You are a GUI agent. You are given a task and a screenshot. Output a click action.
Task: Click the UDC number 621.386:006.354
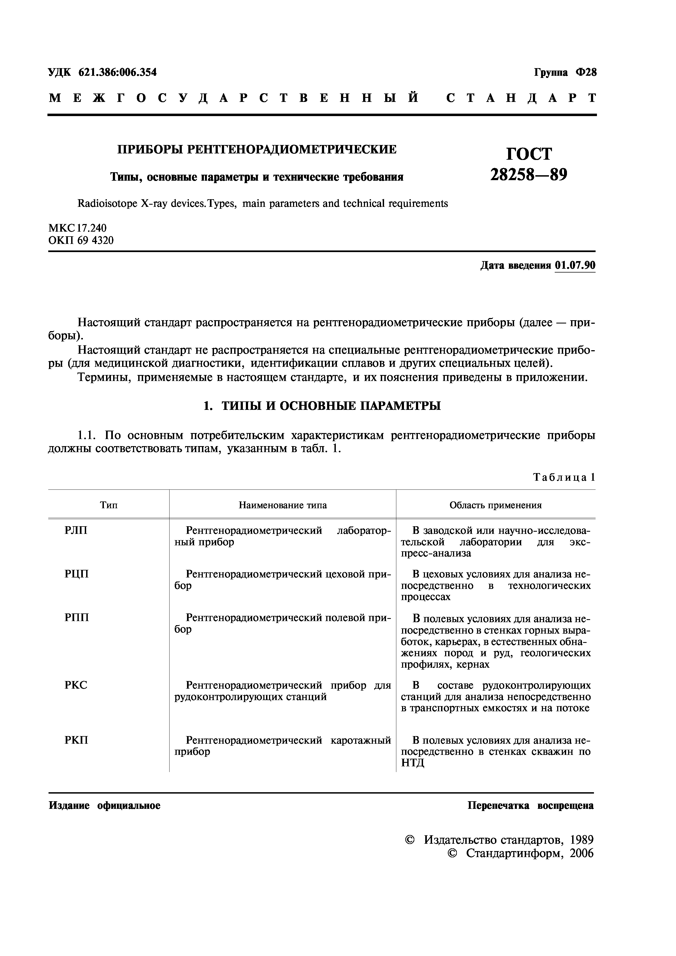click(117, 72)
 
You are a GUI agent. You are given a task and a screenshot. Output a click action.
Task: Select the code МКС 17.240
click(77, 228)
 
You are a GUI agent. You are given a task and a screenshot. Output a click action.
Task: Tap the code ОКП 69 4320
click(81, 240)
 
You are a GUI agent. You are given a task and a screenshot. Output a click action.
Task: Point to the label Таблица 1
click(564, 477)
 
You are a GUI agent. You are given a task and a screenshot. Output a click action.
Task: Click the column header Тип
click(109, 505)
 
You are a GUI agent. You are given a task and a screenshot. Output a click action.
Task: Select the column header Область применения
click(495, 505)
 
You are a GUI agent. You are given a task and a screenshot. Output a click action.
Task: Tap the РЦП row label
click(77, 574)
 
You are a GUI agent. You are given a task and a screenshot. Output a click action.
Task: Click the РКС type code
click(76, 685)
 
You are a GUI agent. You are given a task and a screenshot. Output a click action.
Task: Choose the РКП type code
click(76, 740)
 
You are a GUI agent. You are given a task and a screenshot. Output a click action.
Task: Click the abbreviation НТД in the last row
click(412, 763)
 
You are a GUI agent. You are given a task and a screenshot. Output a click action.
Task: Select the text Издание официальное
click(105, 806)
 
